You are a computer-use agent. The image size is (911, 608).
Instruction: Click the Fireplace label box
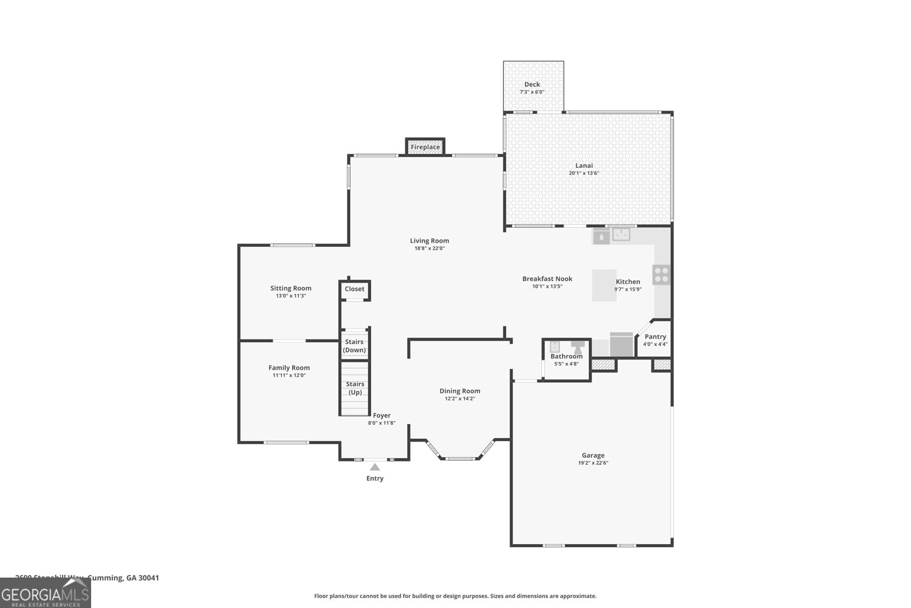point(425,147)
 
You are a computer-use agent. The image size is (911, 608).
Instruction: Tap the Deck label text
point(532,84)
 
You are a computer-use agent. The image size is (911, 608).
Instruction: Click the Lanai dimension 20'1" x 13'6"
point(584,173)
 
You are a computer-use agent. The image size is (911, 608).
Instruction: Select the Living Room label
point(429,240)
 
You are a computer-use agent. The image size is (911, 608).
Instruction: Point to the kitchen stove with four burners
point(661,275)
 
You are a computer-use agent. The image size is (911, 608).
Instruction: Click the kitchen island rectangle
point(604,285)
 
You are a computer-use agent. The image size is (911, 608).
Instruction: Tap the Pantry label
point(655,337)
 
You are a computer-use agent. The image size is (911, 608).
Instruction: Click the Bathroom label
point(566,356)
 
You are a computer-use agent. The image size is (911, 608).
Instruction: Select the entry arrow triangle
point(375,467)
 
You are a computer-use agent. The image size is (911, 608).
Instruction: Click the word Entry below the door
point(375,479)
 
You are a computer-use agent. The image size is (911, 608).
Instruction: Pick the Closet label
point(354,289)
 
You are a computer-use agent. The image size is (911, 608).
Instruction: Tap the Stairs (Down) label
point(354,346)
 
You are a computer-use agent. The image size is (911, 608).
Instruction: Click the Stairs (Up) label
point(355,388)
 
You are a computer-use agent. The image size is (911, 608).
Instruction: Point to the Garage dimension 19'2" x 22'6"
point(593,463)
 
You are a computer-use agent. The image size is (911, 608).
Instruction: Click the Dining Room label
point(459,391)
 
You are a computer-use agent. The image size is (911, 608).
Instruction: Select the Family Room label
point(289,368)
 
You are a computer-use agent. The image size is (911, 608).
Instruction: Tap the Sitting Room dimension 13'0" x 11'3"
point(290,296)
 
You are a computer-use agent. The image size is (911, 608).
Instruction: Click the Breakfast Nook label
point(547,279)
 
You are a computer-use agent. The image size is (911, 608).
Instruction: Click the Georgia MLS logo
point(46,593)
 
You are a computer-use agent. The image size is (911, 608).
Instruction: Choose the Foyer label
point(381,415)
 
